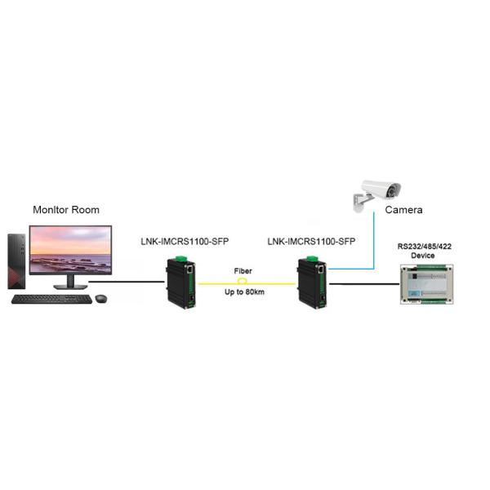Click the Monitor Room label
tap(66, 210)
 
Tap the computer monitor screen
tap(69, 251)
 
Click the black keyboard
tap(51, 299)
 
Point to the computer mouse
tap(100, 298)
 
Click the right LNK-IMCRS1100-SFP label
tap(311, 242)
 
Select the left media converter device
tap(180, 282)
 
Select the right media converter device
tap(311, 282)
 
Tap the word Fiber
tap(243, 269)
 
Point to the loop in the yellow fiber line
tap(242, 280)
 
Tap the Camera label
tap(404, 210)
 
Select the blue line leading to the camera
tap(373, 245)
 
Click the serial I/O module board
tap(425, 283)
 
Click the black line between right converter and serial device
tap(363, 284)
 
